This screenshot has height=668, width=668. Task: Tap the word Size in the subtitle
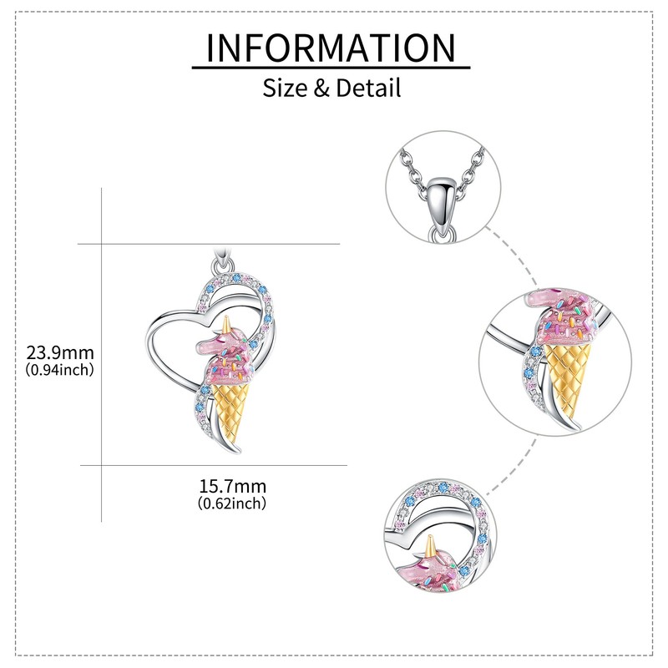285,87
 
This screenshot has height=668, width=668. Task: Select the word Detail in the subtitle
367,87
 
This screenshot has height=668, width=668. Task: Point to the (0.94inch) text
59,368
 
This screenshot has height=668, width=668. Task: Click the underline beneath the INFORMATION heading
331,67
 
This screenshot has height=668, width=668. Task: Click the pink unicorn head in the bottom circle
434,572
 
